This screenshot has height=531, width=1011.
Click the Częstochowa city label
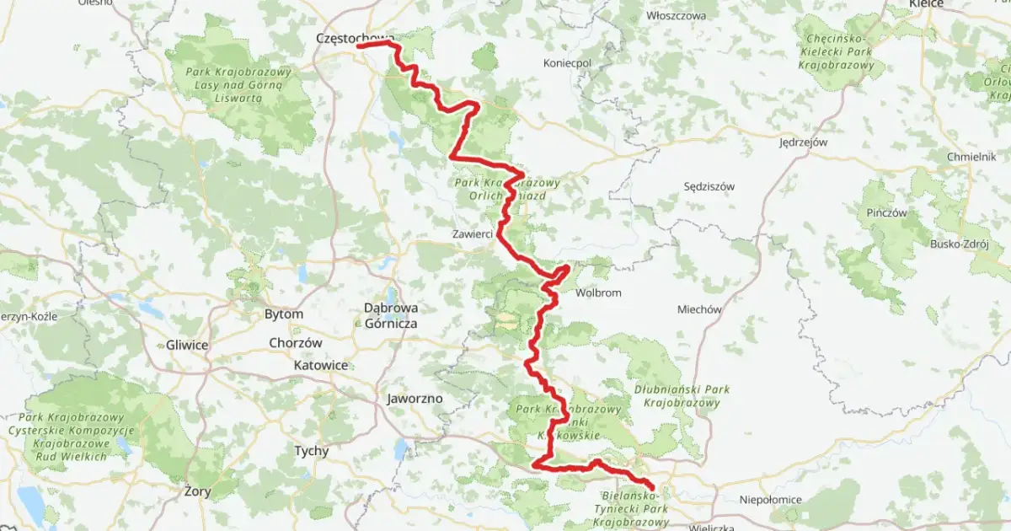(x=355, y=38)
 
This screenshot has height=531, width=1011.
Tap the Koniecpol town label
(x=569, y=63)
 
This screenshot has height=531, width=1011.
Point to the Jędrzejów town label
(x=803, y=142)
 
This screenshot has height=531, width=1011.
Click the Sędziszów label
(x=709, y=186)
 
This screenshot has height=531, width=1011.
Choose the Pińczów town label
(x=886, y=213)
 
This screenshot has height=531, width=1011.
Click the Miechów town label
(x=699, y=309)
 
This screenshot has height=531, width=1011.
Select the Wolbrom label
(x=597, y=293)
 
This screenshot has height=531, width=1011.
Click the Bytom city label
(x=284, y=314)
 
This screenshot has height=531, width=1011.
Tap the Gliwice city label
(x=186, y=345)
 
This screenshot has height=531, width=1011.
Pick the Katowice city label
(x=320, y=366)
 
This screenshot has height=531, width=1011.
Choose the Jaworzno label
(x=415, y=398)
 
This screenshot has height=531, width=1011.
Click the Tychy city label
(x=311, y=451)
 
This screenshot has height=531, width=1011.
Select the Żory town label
(x=200, y=490)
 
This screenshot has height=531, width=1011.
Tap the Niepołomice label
(x=769, y=499)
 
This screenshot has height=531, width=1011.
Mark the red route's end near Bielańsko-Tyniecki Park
(x=653, y=486)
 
